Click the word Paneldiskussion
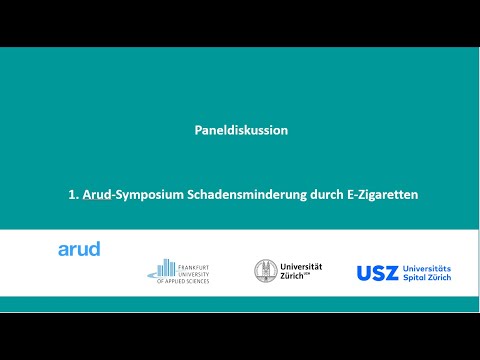[240, 130]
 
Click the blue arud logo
[79, 249]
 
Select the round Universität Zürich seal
[267, 272]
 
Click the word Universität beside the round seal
[303, 267]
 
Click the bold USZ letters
[378, 273]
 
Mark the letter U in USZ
[365, 273]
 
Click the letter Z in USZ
[392, 273]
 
